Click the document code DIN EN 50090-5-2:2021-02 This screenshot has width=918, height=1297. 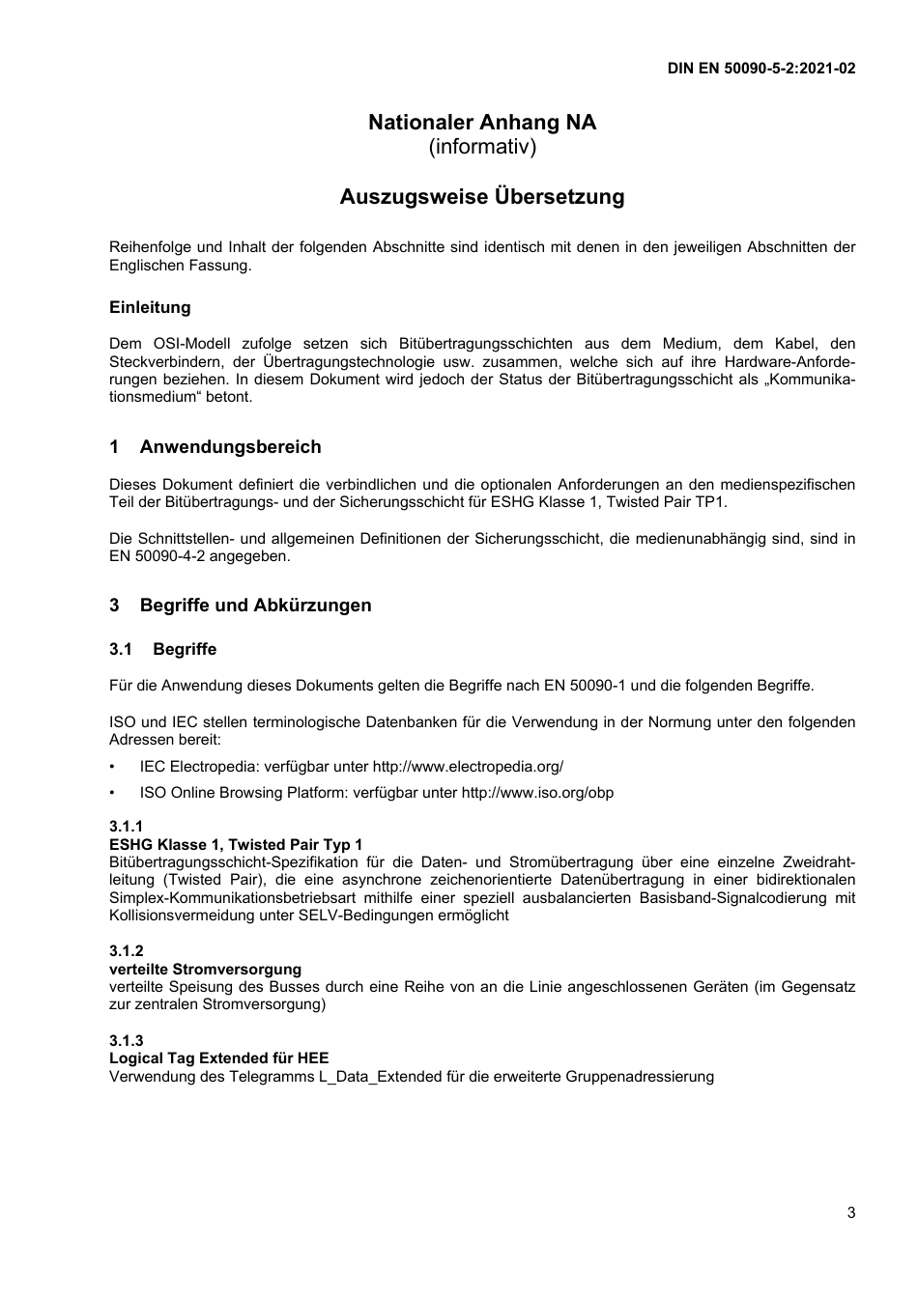pyautogui.click(x=760, y=69)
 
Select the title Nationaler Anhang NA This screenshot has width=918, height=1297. pyautogui.click(x=482, y=123)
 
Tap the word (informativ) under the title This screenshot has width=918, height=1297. pyautogui.click(x=482, y=148)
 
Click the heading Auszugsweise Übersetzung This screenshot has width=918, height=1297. pyautogui.click(x=482, y=197)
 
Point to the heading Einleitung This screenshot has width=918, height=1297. pyautogui.click(x=150, y=308)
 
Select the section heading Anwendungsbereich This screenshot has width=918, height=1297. pyautogui.click(x=230, y=447)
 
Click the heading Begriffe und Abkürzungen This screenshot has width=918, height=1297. pyautogui.click(x=255, y=606)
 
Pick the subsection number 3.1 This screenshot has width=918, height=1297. pyautogui.click(x=120, y=649)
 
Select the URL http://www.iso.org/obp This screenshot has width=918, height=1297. pyautogui.click(x=537, y=793)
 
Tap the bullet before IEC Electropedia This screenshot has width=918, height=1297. pyautogui.click(x=113, y=767)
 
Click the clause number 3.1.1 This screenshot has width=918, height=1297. pyautogui.click(x=126, y=827)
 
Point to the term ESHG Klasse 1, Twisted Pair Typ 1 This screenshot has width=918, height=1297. pyautogui.click(x=236, y=844)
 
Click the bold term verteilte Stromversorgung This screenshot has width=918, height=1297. pyautogui.click(x=205, y=969)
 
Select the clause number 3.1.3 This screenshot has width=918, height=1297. pyautogui.click(x=126, y=1040)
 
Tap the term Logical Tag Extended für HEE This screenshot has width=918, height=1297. pyautogui.click(x=218, y=1058)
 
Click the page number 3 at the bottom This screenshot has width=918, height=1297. pyautogui.click(x=850, y=1214)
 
